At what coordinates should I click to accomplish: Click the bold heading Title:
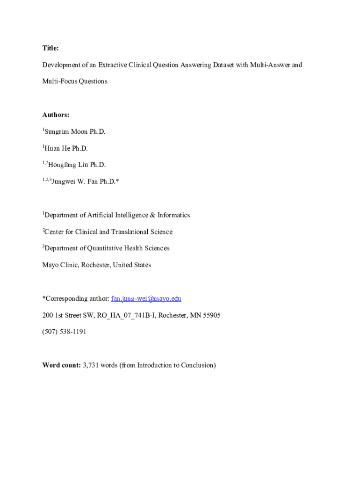[x=50, y=48]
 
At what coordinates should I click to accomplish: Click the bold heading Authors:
[x=56, y=115]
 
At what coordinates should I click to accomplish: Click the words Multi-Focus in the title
[x=59, y=81]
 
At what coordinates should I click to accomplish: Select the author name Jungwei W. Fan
[x=74, y=181]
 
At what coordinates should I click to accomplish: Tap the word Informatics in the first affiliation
[x=173, y=215]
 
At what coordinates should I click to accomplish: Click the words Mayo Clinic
[x=60, y=265]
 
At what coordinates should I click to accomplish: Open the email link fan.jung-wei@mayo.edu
[x=146, y=298]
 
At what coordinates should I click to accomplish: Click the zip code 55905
[x=211, y=315]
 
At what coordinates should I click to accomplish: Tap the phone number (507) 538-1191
[x=64, y=332]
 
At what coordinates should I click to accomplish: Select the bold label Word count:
[x=61, y=365]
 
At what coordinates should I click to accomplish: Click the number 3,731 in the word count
[x=90, y=365]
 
